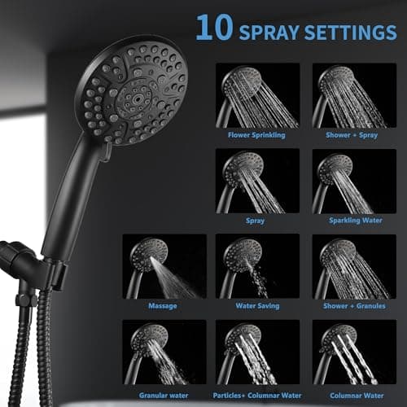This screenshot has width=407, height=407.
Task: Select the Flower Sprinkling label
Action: click(x=256, y=134)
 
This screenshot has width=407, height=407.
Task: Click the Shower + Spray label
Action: click(x=349, y=134)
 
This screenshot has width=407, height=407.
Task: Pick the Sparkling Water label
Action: click(x=349, y=220)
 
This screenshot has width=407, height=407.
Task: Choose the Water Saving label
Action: click(x=256, y=305)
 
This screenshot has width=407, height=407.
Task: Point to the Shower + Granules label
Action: click(x=349, y=305)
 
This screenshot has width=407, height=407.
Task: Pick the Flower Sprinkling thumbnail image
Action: click(x=256, y=95)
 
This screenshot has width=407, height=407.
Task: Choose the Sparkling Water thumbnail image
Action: click(x=349, y=180)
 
